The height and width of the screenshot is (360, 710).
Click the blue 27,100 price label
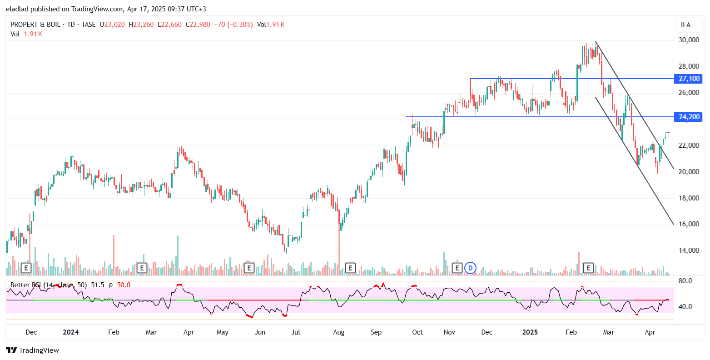pyautogui.click(x=689, y=79)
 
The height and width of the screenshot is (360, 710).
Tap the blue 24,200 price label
pyautogui.click(x=689, y=117)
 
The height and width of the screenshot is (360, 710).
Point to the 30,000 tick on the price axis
pyautogui.click(x=689, y=40)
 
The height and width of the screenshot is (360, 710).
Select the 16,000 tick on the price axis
pyautogui.click(x=689, y=224)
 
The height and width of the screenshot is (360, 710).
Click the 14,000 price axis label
pyautogui.click(x=689, y=250)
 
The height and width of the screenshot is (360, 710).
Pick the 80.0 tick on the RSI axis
pyautogui.click(x=685, y=281)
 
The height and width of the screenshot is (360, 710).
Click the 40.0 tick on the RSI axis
pyautogui.click(x=685, y=307)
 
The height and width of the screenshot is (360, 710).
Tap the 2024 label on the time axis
pyautogui.click(x=71, y=332)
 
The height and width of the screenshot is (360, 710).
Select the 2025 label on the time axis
pyautogui.click(x=530, y=332)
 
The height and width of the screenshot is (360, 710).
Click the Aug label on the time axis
pyautogui.click(x=339, y=332)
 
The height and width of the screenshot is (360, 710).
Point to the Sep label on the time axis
pyautogui.click(x=376, y=332)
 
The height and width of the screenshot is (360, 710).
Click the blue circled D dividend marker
pyautogui.click(x=471, y=268)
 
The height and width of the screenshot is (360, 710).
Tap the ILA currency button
pyautogui.click(x=686, y=25)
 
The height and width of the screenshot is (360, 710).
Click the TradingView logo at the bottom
pyautogui.click(x=33, y=350)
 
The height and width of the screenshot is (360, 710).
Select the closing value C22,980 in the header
pyautogui.click(x=198, y=25)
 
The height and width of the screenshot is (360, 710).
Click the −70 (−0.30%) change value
pyautogui.click(x=233, y=25)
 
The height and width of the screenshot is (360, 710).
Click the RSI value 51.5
pyautogui.click(x=98, y=285)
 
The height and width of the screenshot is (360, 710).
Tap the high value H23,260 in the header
pyautogui.click(x=141, y=25)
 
